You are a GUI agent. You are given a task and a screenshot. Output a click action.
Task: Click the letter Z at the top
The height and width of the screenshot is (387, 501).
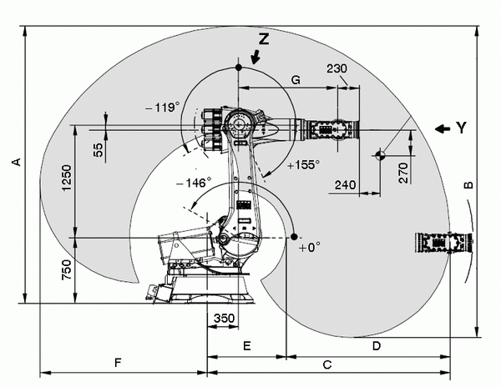pyautogui.click(x=264, y=39)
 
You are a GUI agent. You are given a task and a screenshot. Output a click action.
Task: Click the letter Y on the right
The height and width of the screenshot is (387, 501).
pyautogui.click(x=460, y=128)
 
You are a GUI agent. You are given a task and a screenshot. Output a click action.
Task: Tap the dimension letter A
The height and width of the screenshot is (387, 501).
pyautogui.click(x=15, y=162)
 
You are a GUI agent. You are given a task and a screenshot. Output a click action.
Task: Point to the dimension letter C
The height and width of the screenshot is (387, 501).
pyautogui.click(x=327, y=364)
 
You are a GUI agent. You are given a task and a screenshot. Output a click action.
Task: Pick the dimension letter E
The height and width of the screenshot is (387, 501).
pyautogui.click(x=246, y=344)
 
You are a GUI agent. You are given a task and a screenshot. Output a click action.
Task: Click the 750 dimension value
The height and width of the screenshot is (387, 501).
pyautogui.click(x=68, y=272)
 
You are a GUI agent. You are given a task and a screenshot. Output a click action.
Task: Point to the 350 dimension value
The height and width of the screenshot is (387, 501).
pyautogui.click(x=224, y=319)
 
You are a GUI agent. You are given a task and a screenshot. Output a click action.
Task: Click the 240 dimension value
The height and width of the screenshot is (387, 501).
pyautogui.click(x=345, y=184)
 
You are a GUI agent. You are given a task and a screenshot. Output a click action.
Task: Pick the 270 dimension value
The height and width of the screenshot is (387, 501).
pyautogui.click(x=403, y=173)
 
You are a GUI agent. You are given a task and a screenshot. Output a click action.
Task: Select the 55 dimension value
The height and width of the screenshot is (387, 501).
pyautogui.click(x=99, y=149)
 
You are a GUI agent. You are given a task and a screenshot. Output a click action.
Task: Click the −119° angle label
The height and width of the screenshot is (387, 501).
pyautogui.click(x=163, y=107)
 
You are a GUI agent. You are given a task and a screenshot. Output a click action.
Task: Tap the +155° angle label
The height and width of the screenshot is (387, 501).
pyautogui.click(x=302, y=165)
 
